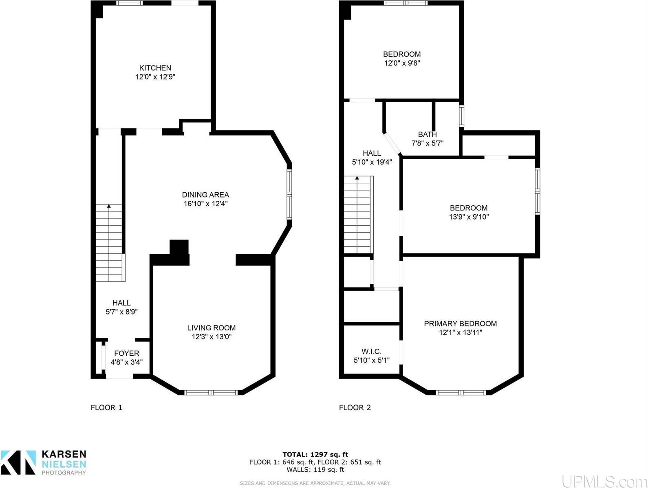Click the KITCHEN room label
pyautogui.click(x=155, y=68)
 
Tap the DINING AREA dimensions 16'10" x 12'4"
pyautogui.click(x=205, y=204)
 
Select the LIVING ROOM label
pyautogui.click(x=212, y=328)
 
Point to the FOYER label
pyautogui.click(x=126, y=353)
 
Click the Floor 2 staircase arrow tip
pyautogui.click(x=357, y=177)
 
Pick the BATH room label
pyautogui.click(x=427, y=134)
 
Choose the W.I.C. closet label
pyautogui.click(x=371, y=352)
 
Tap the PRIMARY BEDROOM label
pyautogui.click(x=460, y=323)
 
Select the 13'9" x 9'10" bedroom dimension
pyautogui.click(x=469, y=217)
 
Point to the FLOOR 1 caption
pyautogui.click(x=106, y=407)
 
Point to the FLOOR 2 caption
pyautogui.click(x=355, y=407)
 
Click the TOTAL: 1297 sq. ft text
pyautogui.click(x=315, y=454)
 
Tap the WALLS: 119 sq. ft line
pyautogui.click(x=315, y=469)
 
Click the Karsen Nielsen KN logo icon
pyautogui.click(x=18, y=462)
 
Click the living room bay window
pyautogui.click(x=211, y=392)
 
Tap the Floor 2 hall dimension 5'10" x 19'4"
pyautogui.click(x=372, y=162)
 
